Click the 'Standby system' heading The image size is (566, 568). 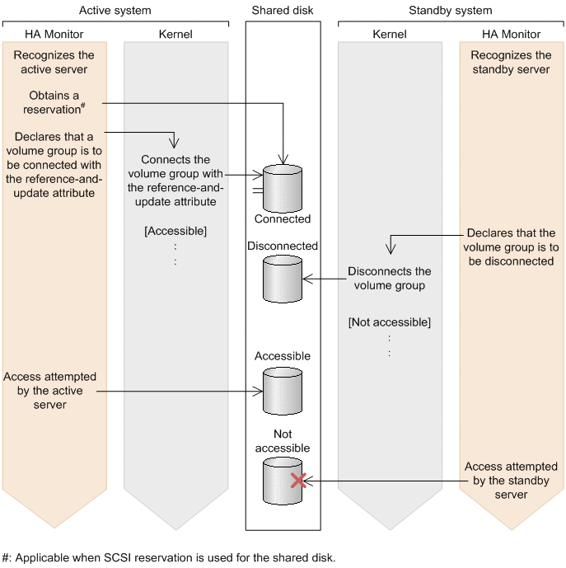[x=450, y=11]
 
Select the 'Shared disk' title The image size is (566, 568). [x=282, y=11]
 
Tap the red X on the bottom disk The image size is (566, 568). [x=299, y=480]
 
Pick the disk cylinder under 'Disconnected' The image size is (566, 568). [x=283, y=279]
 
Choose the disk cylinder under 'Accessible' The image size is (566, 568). [x=283, y=390]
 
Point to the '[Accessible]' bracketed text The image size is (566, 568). [x=175, y=231]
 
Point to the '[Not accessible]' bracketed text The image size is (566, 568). [x=389, y=322]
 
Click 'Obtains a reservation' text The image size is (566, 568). [x=54, y=103]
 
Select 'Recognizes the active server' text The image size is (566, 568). [x=54, y=62]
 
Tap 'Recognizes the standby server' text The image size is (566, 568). [x=511, y=62]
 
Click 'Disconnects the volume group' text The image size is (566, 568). [x=389, y=279]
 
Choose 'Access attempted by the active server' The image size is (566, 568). [x=50, y=391]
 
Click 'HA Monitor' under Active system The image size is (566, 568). [x=54, y=35]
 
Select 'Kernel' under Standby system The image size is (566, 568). [x=389, y=35]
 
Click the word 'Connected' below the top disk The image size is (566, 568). [x=283, y=219]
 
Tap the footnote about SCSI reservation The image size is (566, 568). [x=169, y=557]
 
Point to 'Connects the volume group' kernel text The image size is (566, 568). [x=175, y=181]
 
